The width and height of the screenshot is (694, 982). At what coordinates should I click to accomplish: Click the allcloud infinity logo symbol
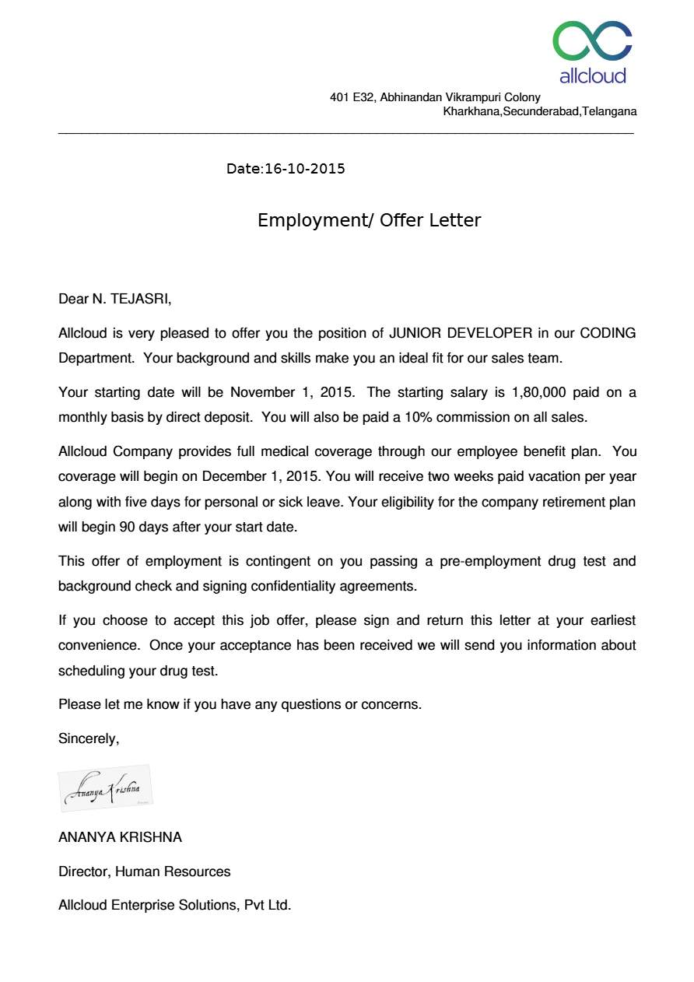(x=592, y=41)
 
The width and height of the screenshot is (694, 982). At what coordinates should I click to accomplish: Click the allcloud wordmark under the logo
(x=592, y=75)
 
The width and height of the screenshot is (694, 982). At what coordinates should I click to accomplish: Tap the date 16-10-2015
(x=304, y=169)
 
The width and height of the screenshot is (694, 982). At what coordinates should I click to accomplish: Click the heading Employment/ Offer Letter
(x=369, y=220)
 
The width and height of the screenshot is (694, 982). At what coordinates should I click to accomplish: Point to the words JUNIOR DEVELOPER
(x=461, y=334)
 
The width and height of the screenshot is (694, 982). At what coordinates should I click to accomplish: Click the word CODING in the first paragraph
(x=608, y=334)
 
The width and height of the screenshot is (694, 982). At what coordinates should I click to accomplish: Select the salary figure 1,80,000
(x=538, y=392)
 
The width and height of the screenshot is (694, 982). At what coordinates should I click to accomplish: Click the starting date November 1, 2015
(x=290, y=392)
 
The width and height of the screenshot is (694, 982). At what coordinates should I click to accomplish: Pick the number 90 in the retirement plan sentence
(x=127, y=527)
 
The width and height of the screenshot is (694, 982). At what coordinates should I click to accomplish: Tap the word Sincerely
(x=89, y=738)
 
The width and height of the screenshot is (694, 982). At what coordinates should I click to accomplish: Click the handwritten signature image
(x=105, y=788)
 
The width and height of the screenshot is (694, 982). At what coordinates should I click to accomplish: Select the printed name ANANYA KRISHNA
(x=120, y=837)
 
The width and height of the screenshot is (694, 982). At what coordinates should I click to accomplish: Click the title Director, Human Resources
(x=144, y=872)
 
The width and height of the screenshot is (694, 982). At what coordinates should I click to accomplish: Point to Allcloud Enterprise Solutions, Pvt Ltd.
(x=174, y=905)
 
